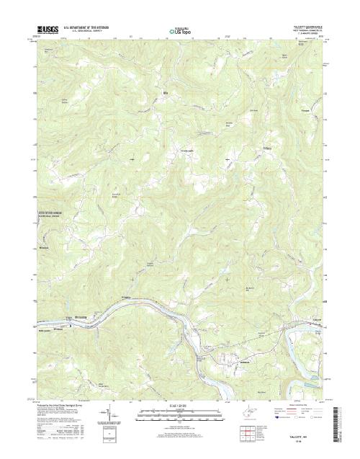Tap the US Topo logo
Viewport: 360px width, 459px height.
click(179, 32)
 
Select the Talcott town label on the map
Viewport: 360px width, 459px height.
click(314, 318)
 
